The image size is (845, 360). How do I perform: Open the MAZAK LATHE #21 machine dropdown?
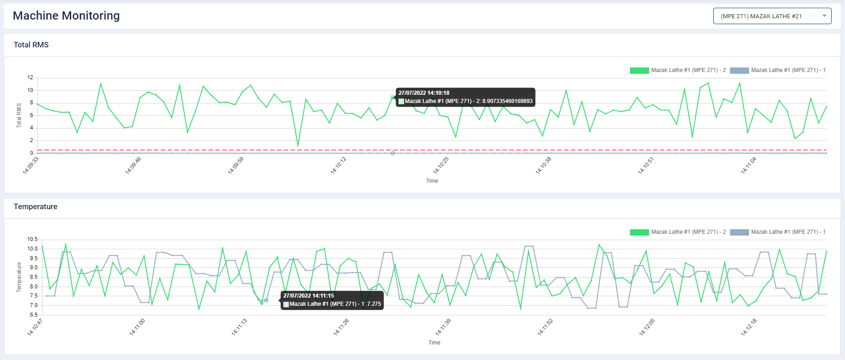(772, 16)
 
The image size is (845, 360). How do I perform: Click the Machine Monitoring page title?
(66, 15)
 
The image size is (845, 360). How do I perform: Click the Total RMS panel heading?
(31, 45)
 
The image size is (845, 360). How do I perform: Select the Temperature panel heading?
(36, 206)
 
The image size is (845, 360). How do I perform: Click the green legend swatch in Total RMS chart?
(639, 70)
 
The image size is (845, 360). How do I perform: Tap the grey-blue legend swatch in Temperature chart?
(739, 232)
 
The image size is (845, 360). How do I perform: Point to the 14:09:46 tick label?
(133, 165)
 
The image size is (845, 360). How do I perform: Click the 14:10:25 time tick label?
(441, 165)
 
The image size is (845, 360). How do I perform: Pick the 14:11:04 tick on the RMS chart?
(748, 165)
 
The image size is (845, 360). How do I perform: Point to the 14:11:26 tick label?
(341, 327)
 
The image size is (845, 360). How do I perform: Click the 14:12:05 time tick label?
(647, 327)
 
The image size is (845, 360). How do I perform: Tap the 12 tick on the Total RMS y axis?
(30, 77)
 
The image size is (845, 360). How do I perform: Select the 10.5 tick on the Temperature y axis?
(32, 239)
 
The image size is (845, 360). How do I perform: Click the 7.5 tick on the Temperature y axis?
(34, 296)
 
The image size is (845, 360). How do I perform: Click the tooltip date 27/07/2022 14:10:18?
(424, 93)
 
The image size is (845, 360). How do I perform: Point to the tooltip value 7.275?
(374, 304)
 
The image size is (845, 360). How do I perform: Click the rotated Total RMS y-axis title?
(19, 115)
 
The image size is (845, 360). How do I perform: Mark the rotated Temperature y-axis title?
(19, 277)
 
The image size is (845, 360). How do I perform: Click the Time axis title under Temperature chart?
(434, 343)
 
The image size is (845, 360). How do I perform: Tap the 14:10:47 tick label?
(35, 327)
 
